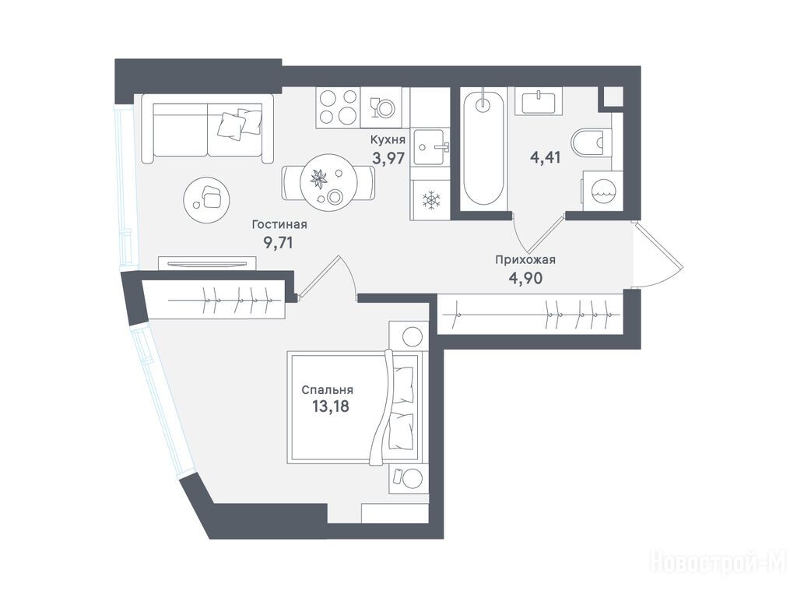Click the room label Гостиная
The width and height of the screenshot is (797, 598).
point(279,224)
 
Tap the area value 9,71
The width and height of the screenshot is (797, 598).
point(278,243)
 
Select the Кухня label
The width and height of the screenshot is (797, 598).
point(388,139)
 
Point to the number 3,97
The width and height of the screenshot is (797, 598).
point(389,158)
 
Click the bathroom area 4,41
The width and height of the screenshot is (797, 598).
point(546,157)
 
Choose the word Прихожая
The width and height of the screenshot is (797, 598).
point(525,260)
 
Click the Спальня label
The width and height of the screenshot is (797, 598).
point(328,391)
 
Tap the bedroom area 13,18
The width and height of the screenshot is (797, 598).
point(331,406)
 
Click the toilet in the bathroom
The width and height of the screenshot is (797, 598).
point(592,142)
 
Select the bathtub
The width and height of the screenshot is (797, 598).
point(483,147)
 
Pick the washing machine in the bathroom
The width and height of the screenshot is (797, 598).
point(602,191)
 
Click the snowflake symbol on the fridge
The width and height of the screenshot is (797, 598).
point(431,199)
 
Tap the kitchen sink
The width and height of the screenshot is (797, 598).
point(430,147)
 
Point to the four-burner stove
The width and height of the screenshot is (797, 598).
point(338,107)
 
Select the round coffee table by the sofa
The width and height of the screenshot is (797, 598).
point(205,199)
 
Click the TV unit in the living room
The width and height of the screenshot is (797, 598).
point(207,263)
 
